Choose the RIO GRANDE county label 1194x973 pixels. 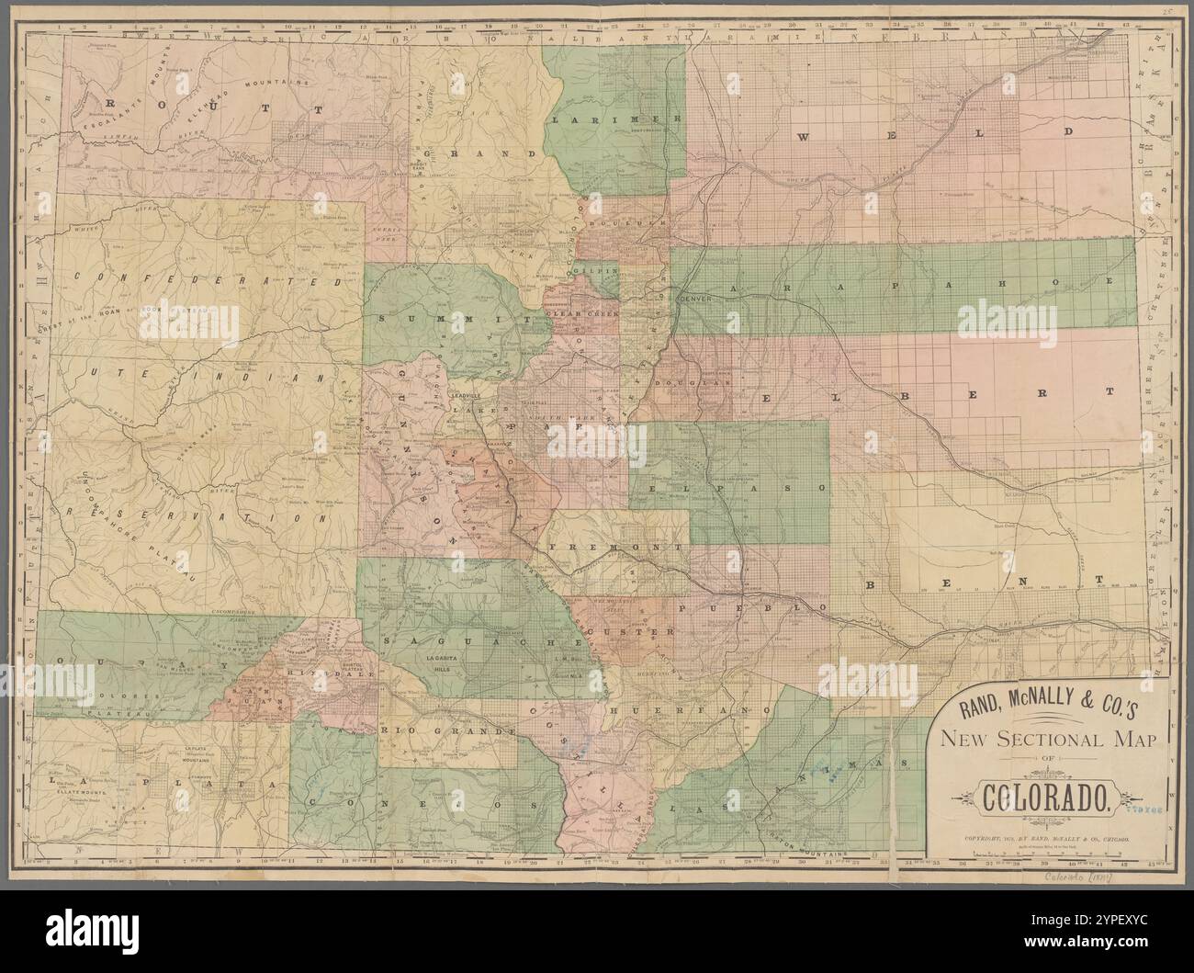click(445, 730)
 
